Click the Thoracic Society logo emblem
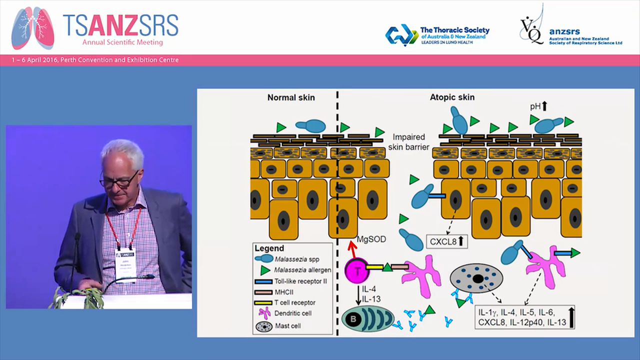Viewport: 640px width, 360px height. coord(401,35)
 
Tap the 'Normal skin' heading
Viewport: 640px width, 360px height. coord(291,97)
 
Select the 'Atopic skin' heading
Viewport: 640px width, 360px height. coord(452,97)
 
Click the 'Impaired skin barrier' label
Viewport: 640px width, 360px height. coord(408,141)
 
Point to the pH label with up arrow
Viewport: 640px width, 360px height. coord(538,106)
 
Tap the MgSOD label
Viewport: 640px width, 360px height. coord(371,239)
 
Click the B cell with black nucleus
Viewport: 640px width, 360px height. coord(368,318)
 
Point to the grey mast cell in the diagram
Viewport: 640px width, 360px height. coord(476,278)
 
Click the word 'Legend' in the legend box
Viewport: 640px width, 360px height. coord(269,248)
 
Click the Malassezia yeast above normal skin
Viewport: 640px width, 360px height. coord(310,126)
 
